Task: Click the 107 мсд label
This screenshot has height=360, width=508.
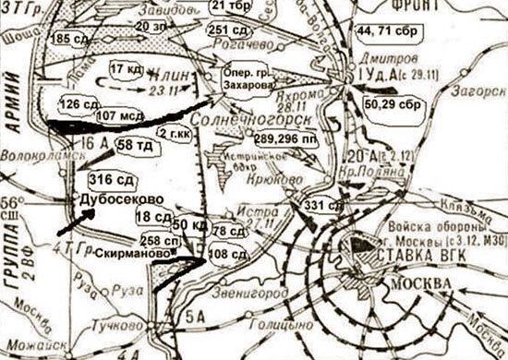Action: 118,116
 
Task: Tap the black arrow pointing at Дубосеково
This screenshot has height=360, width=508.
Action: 72,222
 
